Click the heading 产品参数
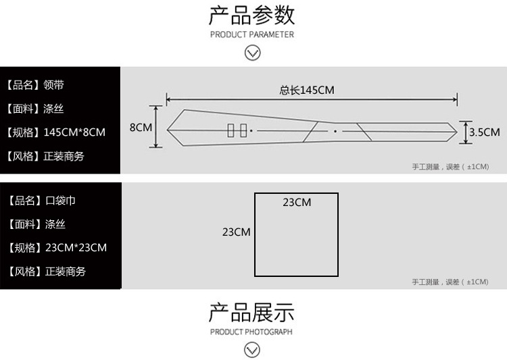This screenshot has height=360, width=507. [251, 14]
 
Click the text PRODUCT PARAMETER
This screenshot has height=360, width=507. [251, 34]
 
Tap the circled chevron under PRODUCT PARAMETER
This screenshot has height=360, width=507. [252, 53]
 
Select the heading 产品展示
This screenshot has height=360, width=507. [251, 313]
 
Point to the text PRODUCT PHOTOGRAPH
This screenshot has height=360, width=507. [251, 332]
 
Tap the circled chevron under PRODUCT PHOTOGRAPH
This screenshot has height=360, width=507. [252, 349]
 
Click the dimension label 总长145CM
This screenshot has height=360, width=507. [307, 91]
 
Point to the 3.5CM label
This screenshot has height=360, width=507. [484, 132]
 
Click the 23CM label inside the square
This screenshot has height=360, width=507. [297, 203]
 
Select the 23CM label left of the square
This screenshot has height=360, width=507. [237, 232]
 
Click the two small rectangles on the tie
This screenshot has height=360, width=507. [237, 130]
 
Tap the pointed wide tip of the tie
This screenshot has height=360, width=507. [170, 128]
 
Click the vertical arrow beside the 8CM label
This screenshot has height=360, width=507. [157, 127]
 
